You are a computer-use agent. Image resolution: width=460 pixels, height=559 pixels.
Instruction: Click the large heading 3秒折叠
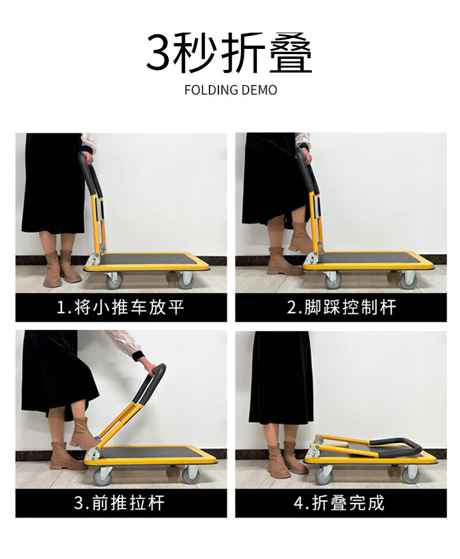[x=229, y=52]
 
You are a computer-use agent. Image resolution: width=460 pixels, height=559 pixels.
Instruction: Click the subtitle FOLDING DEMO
[x=231, y=90]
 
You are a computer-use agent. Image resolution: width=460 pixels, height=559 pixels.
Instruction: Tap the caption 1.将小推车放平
[x=121, y=307]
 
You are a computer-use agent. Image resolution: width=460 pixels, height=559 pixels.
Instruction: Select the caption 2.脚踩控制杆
[x=341, y=307]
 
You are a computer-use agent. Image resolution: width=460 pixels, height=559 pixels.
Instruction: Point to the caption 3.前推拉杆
[x=119, y=503]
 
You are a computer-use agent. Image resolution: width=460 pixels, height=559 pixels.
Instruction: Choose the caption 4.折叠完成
[x=339, y=503]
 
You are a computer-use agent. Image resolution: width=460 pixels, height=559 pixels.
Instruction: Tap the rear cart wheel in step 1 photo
[x=114, y=279]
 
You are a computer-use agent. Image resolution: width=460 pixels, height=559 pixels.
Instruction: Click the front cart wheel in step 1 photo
[x=186, y=279]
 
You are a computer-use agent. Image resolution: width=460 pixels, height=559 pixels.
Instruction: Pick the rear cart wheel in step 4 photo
[x=323, y=476]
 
